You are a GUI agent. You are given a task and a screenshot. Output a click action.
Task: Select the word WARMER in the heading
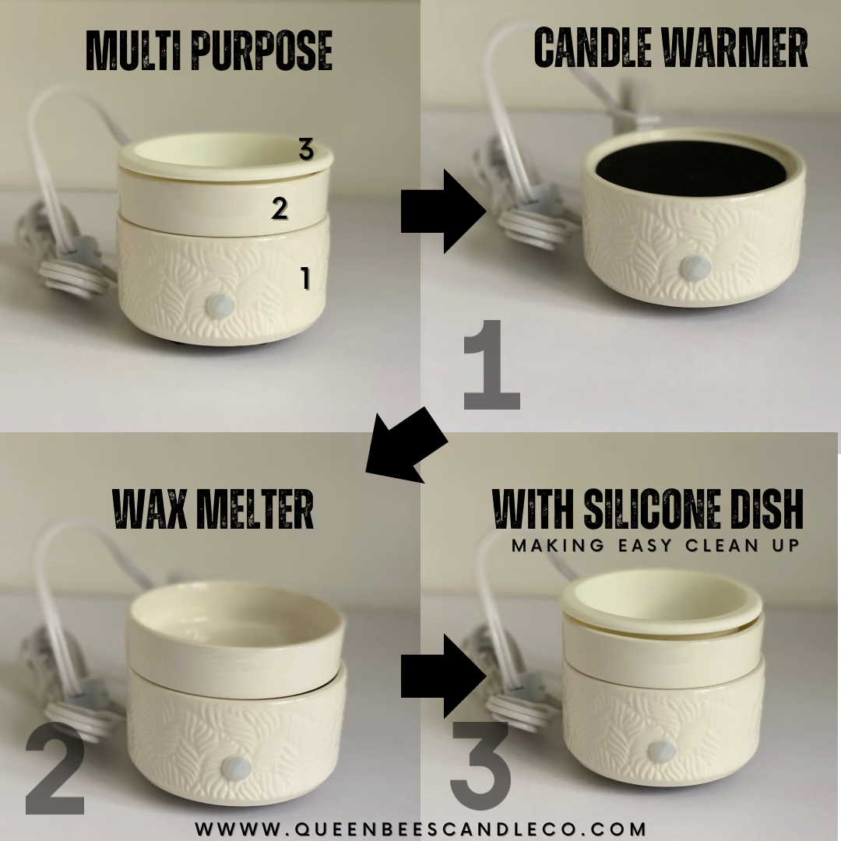coord(736,48)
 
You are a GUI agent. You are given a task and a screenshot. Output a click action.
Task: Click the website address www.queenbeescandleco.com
coord(420,829)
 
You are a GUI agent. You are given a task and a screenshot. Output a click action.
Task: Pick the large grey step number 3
coord(480,766)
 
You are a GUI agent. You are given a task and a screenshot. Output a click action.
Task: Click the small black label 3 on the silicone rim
coord(306,151)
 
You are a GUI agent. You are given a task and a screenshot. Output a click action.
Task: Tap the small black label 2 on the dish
coord(280,209)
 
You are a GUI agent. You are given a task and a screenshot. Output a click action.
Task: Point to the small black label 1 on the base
coord(306,278)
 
